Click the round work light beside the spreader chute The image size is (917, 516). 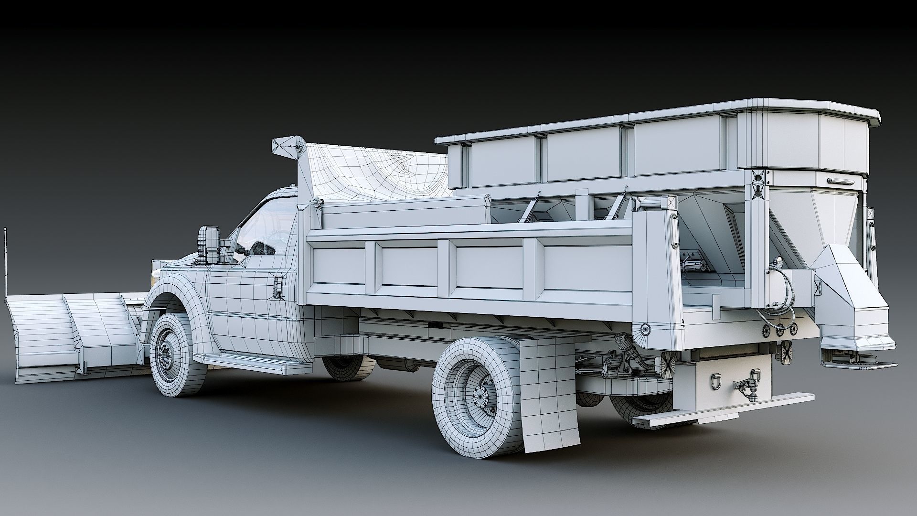tap(777, 262)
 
